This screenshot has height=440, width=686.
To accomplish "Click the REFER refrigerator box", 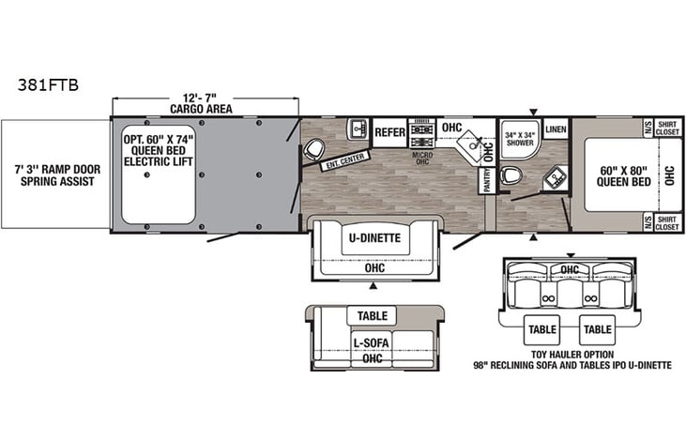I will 389,132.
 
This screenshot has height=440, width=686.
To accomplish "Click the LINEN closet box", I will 556,129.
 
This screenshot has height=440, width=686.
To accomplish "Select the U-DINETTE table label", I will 374,238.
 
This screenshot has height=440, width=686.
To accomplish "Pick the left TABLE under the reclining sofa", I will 542,329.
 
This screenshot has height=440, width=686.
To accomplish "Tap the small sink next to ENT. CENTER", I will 358,129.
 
